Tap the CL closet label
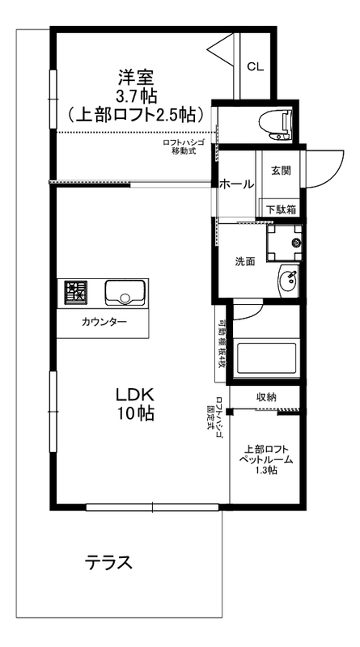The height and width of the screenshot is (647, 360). click(255, 66)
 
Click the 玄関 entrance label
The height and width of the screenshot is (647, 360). click(281, 171)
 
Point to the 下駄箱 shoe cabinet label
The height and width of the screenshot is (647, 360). click(281, 209)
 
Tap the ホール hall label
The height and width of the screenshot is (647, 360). click(237, 184)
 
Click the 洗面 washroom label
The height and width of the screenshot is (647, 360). click(245, 261)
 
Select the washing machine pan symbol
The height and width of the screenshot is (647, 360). click(285, 240)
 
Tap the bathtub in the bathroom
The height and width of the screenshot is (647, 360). click(265, 357)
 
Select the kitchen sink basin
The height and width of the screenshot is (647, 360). click(124, 292)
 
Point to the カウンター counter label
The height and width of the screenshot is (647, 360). click(104, 323)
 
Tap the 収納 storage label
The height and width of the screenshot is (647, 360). click(268, 397)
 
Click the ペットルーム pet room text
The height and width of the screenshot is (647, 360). click(265, 459)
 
